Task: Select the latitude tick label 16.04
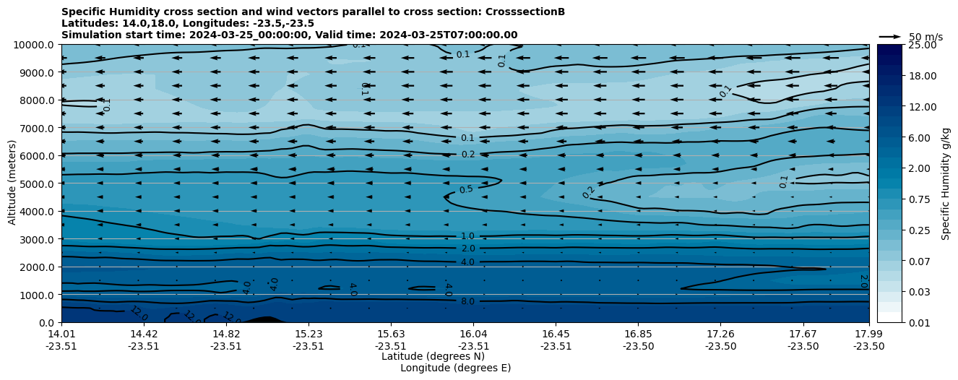point(473,334)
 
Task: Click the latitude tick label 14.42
point(144,334)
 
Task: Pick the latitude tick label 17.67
point(803,334)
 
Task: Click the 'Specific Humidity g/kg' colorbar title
point(946,183)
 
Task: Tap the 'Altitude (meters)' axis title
point(12,183)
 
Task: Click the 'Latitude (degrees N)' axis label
point(433,356)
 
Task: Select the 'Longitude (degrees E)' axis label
point(455,368)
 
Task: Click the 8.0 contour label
point(467,301)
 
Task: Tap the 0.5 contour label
point(467,190)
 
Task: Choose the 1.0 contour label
point(467,236)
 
